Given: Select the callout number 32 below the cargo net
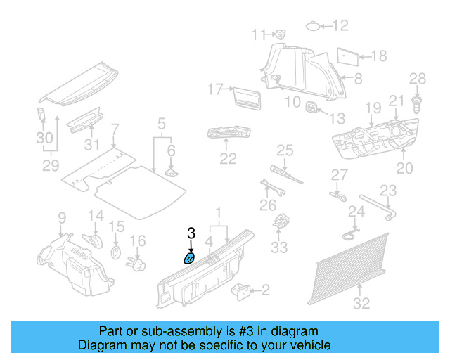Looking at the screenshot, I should tap(361, 304).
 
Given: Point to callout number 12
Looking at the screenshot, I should tap(340, 26).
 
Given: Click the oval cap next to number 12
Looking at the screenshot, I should tap(311, 27).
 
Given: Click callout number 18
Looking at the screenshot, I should tap(378, 56).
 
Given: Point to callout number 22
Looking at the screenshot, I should tap(227, 159).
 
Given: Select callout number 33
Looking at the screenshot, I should tap(279, 247).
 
